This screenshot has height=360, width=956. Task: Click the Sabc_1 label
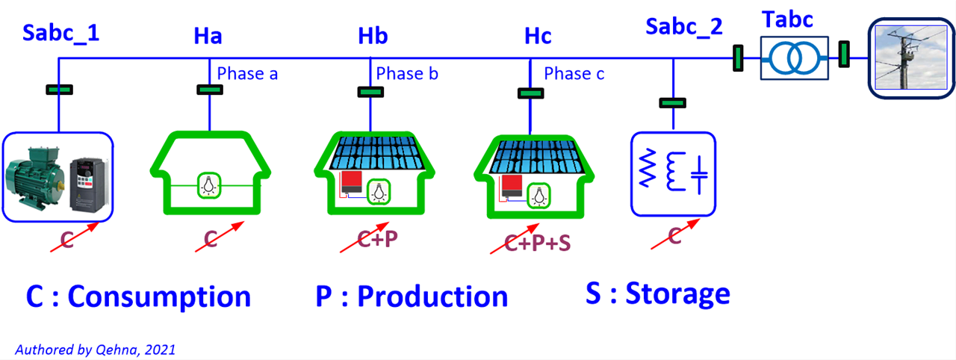coord(60,34)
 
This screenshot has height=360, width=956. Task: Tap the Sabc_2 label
coord(683,27)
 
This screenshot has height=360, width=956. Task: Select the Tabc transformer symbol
coord(794,58)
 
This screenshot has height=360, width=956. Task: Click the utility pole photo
coord(910,58)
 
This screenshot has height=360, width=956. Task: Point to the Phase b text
coord(407,74)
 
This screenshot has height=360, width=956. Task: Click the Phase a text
coord(247,74)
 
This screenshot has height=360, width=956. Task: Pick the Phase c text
coord(574,74)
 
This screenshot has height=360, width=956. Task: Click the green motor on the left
coord(35,178)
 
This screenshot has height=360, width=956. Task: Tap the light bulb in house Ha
coord(208,185)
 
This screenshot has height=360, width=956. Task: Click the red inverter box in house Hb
coord(351,182)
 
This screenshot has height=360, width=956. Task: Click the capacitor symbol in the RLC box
coord(699,175)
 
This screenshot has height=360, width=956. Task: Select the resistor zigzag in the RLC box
coord(647,168)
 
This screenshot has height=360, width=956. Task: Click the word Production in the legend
coord(432,297)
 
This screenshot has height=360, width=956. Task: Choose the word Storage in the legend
coord(677,294)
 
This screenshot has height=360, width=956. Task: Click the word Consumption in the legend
coord(159,297)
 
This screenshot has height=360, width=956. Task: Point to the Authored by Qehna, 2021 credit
coord(95,350)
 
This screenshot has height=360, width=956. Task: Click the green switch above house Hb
coord(370,92)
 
